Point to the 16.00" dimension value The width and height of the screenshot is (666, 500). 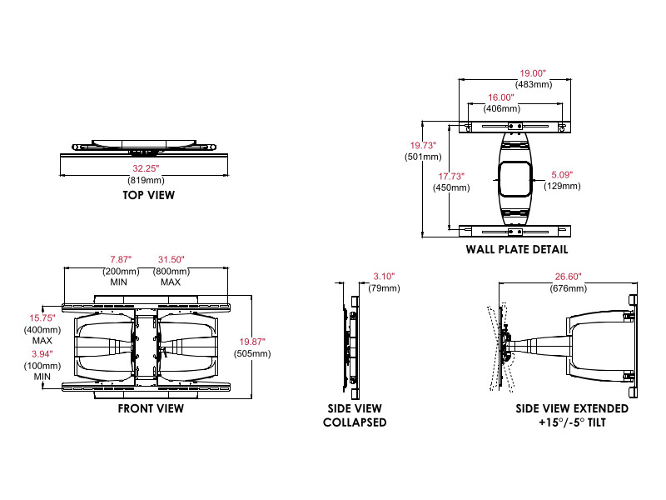click(504, 97)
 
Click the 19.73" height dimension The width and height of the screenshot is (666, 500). click(422, 145)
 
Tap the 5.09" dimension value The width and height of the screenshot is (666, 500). click(564, 175)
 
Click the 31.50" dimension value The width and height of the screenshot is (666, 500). click(171, 259)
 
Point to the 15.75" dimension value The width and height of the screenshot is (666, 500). click(42, 318)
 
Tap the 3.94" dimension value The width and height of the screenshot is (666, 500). click(42, 353)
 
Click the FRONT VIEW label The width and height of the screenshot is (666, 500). click(150, 409)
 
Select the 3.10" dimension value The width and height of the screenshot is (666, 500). click(384, 276)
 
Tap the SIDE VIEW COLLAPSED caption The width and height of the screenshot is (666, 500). click(355, 415)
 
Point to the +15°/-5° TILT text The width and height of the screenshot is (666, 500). click(571, 422)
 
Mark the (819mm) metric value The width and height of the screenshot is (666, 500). click(145, 180)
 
